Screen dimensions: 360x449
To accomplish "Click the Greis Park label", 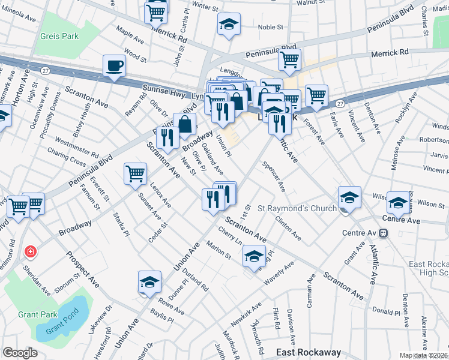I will [59, 36].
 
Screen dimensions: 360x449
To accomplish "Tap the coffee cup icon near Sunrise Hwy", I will [114, 65].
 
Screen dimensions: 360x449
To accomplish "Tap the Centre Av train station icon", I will [383, 233].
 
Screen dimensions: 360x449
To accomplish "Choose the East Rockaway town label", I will [308, 352].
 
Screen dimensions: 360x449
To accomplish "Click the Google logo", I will [20, 352].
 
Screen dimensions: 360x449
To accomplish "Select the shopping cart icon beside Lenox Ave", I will [135, 173].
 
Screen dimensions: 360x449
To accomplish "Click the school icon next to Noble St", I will [228, 24].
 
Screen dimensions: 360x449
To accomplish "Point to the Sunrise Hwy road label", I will [161, 91].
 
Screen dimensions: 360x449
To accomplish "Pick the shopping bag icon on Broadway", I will [185, 124].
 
